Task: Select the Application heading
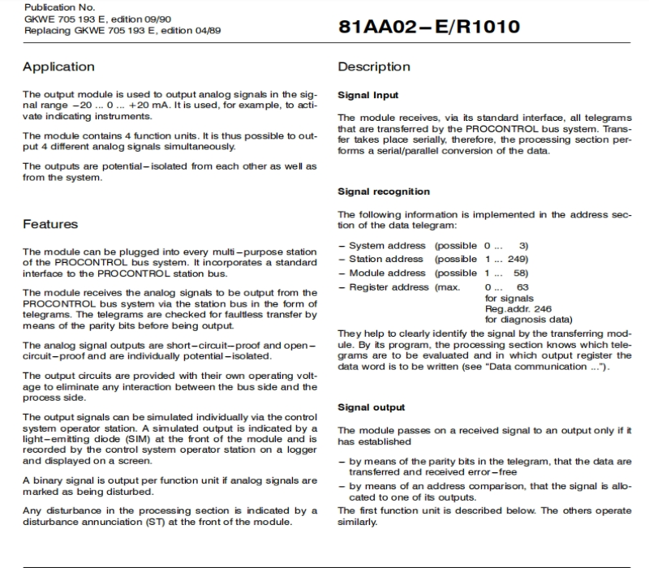[58, 67]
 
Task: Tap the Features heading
[50, 223]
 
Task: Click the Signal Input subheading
[367, 95]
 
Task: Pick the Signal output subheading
[371, 407]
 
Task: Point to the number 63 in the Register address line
[522, 286]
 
